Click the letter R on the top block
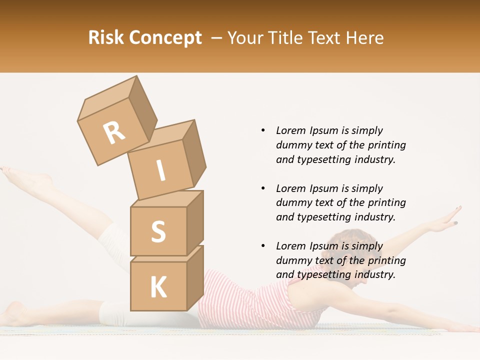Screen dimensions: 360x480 (114, 132)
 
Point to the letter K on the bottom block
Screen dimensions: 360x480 (158, 287)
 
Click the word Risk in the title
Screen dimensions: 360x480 (106, 38)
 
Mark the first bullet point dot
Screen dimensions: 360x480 (263, 130)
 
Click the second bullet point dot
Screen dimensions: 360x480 (263, 188)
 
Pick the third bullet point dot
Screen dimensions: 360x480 (263, 246)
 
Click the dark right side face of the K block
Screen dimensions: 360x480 (195, 277)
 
